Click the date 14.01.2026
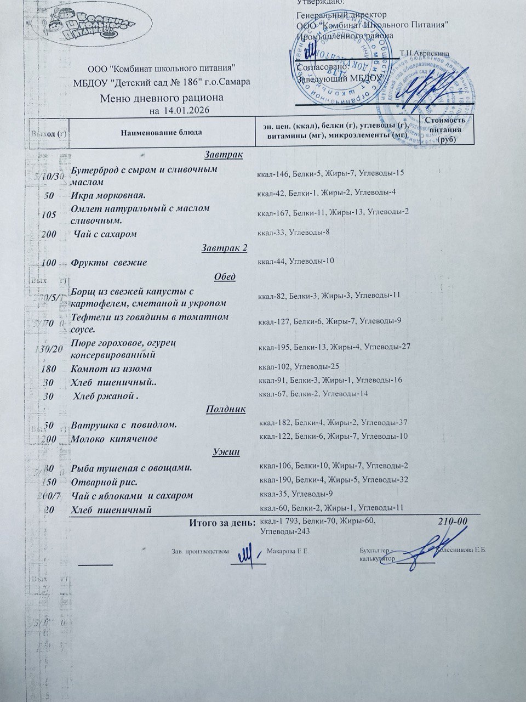coord(187,111)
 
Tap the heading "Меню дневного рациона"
coord(162,99)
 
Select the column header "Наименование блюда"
coord(161,132)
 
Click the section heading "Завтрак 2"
coord(224,248)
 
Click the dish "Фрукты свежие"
coord(109,263)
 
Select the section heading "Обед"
coord(224,276)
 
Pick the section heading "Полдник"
coord(225,409)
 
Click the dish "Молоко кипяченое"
coord(115,439)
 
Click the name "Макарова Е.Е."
coord(289,551)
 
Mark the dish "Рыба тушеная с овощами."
coord(131,468)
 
